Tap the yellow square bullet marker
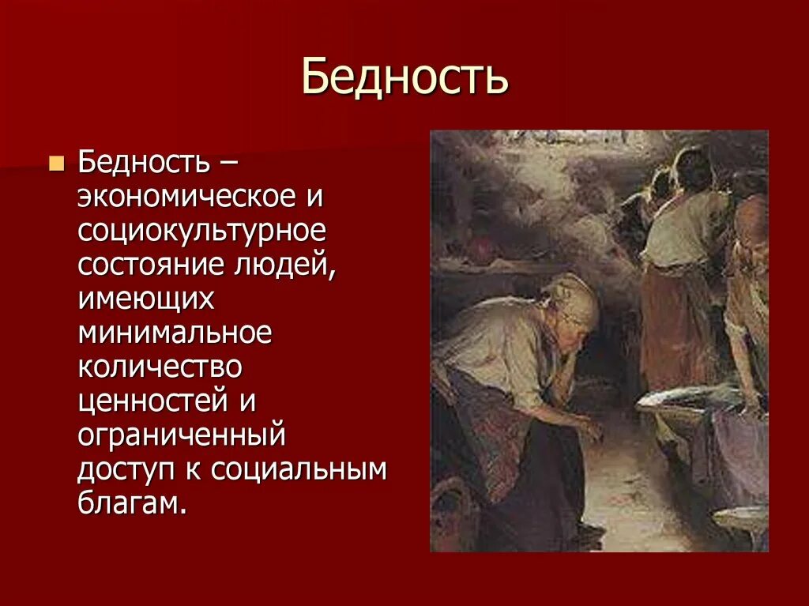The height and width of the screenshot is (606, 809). pyautogui.click(x=56, y=164)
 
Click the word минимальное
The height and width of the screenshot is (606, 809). pyautogui.click(x=175, y=333)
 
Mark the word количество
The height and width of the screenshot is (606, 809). pyautogui.click(x=159, y=367)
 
